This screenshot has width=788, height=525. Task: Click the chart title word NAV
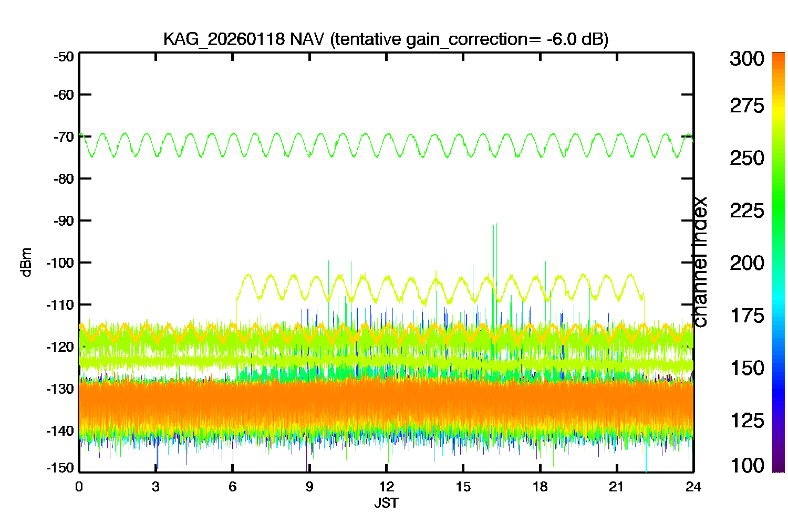point(306,39)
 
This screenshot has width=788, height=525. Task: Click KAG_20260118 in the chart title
point(224,40)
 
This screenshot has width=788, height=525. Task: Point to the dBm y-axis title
point(27,262)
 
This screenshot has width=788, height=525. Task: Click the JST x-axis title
point(386,503)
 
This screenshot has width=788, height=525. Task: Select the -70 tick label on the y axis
point(64,136)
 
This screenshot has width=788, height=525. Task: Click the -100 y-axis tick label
point(60,262)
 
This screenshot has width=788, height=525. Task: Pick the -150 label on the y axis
point(60,468)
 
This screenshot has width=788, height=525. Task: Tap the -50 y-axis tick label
point(64,57)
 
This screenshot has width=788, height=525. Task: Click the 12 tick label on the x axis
point(386,487)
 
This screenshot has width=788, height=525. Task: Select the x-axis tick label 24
point(693,487)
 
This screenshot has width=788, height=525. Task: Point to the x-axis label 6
point(233,487)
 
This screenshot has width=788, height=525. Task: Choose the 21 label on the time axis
point(616,487)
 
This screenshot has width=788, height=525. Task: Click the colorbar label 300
point(747,59)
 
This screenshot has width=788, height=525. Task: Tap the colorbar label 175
point(747,316)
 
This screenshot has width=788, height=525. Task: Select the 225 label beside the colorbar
point(747,211)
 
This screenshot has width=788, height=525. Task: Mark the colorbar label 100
point(747,465)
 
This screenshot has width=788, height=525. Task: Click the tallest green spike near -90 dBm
point(496,274)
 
